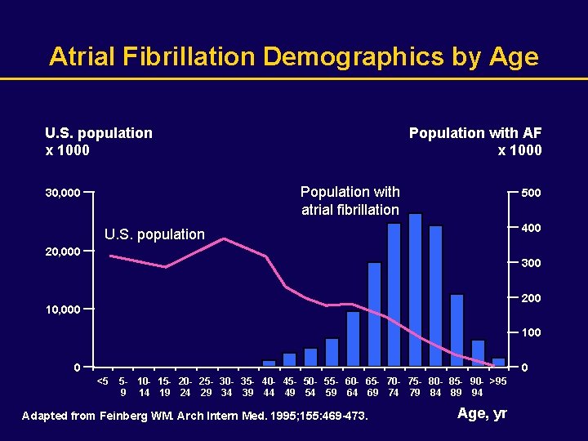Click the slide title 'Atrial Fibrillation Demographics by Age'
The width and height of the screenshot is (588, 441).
click(294, 56)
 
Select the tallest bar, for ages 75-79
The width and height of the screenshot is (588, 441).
click(415, 290)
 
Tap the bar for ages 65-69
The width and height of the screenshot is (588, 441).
click(374, 314)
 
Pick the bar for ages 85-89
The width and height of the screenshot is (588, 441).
click(457, 330)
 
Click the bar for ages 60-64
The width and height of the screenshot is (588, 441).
click(353, 339)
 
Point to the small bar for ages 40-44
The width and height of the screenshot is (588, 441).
click(269, 363)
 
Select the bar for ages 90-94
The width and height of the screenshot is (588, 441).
click(478, 353)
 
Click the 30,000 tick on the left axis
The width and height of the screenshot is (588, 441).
click(62, 194)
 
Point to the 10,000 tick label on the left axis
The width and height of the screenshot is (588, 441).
click(62, 310)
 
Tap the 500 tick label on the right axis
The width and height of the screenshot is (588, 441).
click(531, 193)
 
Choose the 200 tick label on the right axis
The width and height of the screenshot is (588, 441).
click(531, 298)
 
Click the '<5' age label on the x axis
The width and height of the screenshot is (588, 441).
click(102, 381)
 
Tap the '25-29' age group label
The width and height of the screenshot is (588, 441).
click(206, 386)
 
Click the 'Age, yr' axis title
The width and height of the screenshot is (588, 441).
click(482, 413)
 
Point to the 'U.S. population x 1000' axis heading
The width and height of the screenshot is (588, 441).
click(98, 141)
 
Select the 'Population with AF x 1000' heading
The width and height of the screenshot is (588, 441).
click(475, 141)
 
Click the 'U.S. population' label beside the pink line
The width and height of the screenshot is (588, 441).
click(154, 234)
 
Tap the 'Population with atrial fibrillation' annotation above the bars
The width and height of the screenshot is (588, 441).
click(350, 201)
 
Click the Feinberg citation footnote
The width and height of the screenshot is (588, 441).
click(195, 416)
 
